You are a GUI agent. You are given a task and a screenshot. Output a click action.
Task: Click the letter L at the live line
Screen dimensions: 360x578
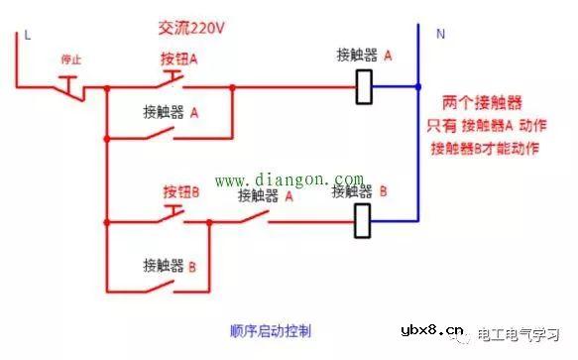click(x=27, y=35)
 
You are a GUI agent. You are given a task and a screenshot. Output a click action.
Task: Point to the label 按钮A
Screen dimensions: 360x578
click(x=179, y=60)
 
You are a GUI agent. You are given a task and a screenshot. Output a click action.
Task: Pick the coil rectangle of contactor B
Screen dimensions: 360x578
click(x=363, y=221)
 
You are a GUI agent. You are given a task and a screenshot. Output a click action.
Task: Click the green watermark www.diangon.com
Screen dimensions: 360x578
click(x=281, y=180)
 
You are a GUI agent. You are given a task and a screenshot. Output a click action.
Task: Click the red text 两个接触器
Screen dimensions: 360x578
click(x=483, y=102)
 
